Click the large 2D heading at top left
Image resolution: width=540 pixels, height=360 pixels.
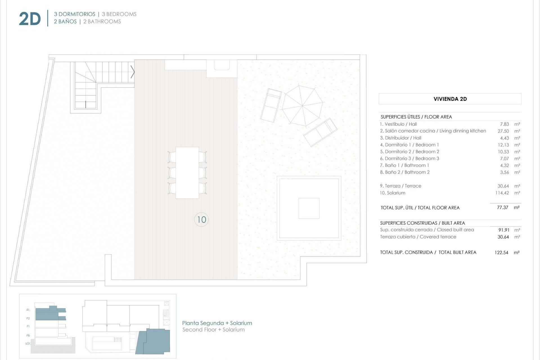(30, 19)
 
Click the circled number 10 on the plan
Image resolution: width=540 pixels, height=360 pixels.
(201, 220)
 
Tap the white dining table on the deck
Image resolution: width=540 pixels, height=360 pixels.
(187, 173)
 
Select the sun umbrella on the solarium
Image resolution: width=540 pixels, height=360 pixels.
(302, 106)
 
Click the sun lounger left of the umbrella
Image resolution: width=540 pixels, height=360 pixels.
(271, 105)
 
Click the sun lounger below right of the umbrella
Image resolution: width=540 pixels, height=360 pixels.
(320, 132)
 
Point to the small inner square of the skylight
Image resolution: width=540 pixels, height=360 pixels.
(309, 208)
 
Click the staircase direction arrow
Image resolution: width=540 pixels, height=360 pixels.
(132, 72)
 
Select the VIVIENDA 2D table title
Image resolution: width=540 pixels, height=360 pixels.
(450, 99)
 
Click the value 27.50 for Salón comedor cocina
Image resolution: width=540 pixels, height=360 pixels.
(503, 131)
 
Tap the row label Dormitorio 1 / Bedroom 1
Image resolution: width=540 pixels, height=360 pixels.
(409, 145)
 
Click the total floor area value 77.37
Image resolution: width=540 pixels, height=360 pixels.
(502, 208)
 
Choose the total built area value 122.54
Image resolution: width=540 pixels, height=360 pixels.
(501, 253)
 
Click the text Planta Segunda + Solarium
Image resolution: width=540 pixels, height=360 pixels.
(217, 323)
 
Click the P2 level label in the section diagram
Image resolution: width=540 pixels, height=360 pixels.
(28, 318)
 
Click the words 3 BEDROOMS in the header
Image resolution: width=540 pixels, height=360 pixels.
(119, 14)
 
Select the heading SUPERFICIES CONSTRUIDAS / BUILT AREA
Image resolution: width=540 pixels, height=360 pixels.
(422, 223)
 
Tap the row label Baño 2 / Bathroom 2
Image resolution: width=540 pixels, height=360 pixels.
(405, 172)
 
